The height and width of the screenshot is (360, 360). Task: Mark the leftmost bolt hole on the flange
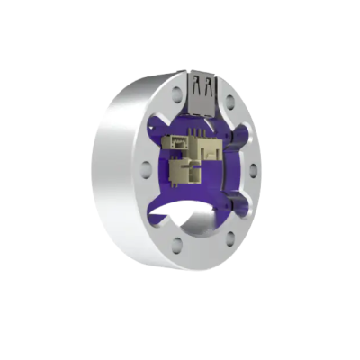pos(148,167)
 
